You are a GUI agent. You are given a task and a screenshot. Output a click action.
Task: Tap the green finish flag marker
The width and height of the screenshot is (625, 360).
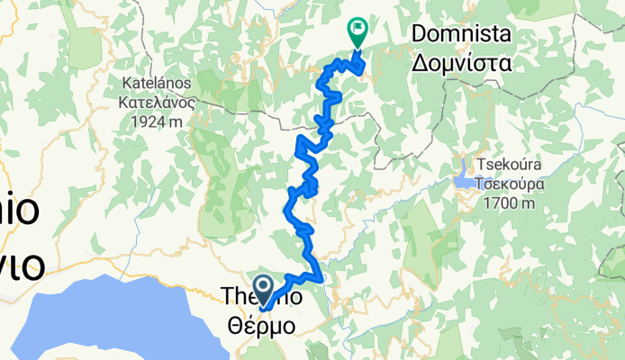[x=357, y=33]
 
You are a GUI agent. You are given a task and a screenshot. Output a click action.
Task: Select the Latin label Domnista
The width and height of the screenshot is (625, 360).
[x=461, y=35]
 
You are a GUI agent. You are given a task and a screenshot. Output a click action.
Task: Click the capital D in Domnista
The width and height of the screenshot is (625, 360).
[x=420, y=35]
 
